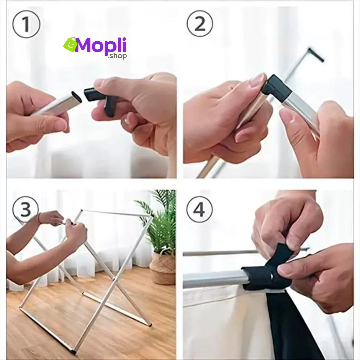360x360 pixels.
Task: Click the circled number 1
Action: pos(26,24)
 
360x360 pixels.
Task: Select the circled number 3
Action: pos(26,209)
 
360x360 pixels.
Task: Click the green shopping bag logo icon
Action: pos(70,44)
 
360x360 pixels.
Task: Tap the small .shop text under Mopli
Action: pos(117,56)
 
